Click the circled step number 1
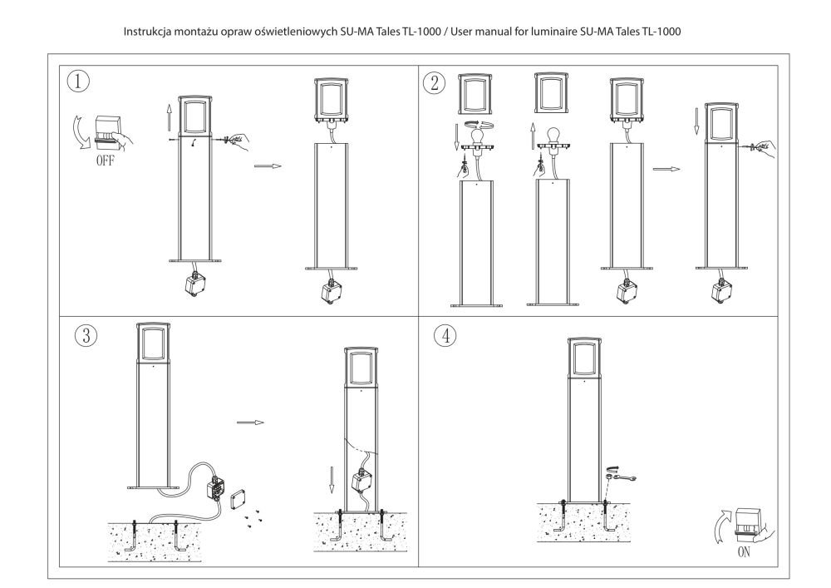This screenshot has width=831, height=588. tap(78, 82)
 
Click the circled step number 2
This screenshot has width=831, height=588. tap(434, 82)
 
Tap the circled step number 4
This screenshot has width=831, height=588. tap(445, 335)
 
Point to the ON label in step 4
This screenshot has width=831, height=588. tap(745, 551)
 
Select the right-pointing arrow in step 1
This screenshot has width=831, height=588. tap(268, 166)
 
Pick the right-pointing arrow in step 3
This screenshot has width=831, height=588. tap(250, 422)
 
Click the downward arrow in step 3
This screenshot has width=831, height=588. tap(332, 479)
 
